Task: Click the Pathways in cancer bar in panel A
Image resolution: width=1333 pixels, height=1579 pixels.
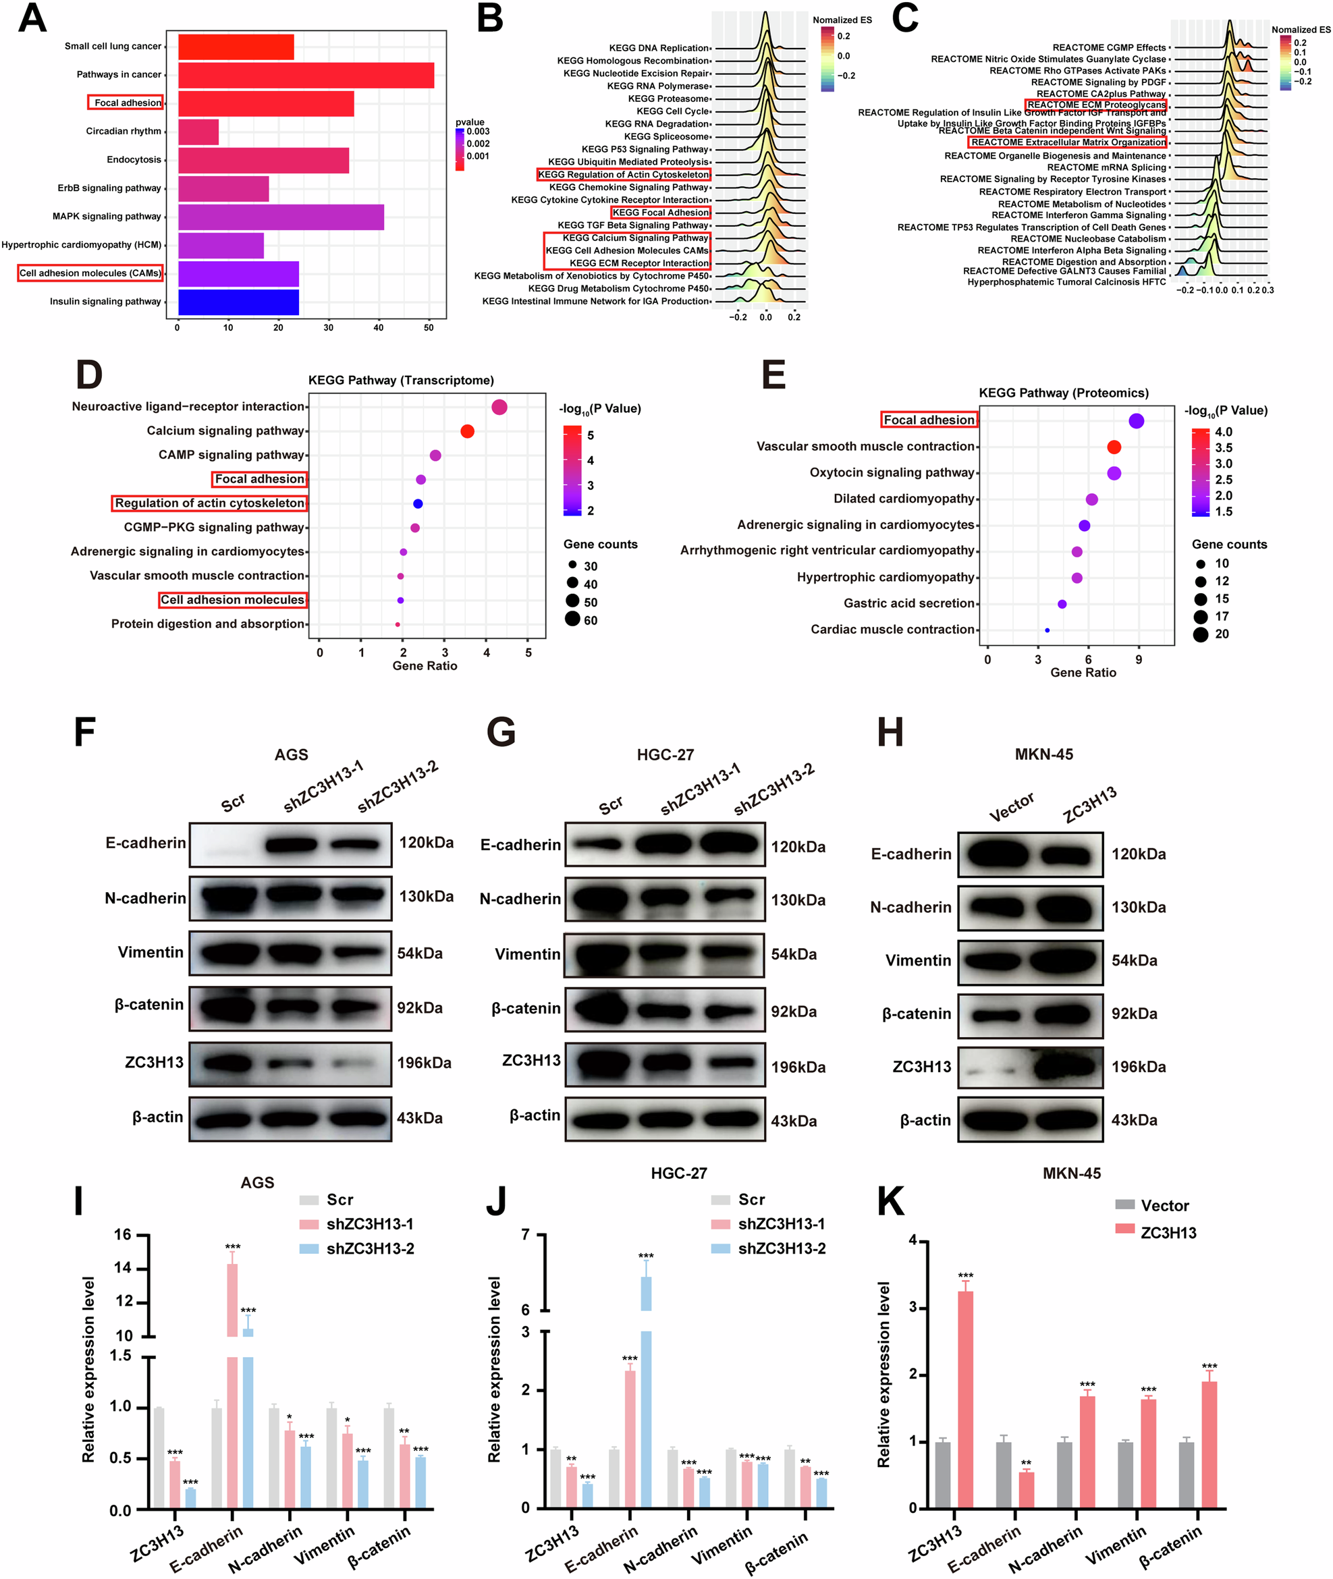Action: coord(306,75)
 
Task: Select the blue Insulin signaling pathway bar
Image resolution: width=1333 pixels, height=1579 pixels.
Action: coord(238,302)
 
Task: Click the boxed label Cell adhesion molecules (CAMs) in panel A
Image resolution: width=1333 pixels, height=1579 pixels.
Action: coord(90,273)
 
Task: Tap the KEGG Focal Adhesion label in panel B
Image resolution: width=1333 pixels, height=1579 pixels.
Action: coord(661,213)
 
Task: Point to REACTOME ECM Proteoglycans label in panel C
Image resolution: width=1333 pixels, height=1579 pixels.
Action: coord(1095,105)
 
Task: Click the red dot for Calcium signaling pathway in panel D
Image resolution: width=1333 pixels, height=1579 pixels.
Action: coord(467,431)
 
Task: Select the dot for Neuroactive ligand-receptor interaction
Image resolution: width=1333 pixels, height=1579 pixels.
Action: coord(499,406)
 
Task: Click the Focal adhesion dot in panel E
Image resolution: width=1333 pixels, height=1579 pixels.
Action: coord(1136,421)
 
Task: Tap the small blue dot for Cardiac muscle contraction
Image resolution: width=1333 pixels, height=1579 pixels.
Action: coord(1047,630)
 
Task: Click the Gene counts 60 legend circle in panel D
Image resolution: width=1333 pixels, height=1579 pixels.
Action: coord(572,619)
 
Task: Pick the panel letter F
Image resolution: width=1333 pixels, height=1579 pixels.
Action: coord(84,732)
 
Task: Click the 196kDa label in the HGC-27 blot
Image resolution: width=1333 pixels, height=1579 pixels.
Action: coord(798,1067)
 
